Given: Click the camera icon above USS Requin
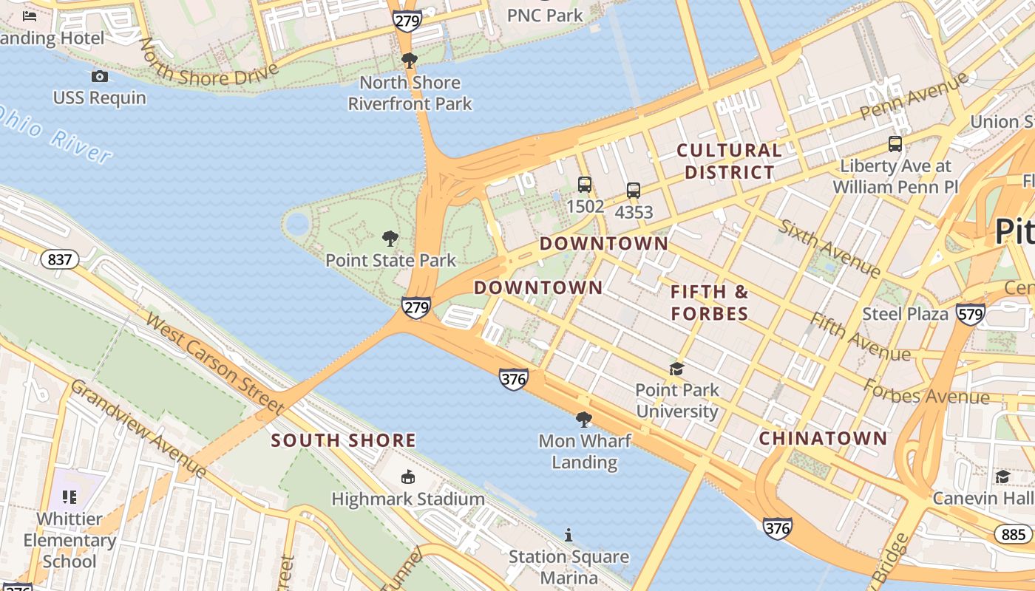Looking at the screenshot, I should coord(100,76).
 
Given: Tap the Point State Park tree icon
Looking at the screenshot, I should coord(390,239).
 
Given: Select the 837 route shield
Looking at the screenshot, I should coord(59,259).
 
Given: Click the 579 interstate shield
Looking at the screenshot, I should coord(970,314).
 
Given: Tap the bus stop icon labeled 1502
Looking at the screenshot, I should coord(585,185).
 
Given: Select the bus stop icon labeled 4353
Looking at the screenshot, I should coord(634,191).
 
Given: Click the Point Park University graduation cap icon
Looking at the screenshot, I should coord(676,369).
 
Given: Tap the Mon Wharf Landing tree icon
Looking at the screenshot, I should coord(584,420).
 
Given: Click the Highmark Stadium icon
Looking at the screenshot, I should coord(407,477).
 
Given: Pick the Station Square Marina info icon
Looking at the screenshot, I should coord(569,535).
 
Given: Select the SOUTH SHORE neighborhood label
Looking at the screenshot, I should coord(343,441).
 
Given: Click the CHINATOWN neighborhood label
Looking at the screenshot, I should coord(823,438).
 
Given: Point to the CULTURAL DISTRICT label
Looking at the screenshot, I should coord(729,161).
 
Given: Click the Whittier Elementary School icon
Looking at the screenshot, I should coord(69,497).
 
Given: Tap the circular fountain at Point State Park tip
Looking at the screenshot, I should coord(296,224).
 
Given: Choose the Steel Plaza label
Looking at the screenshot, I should coord(905,314).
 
